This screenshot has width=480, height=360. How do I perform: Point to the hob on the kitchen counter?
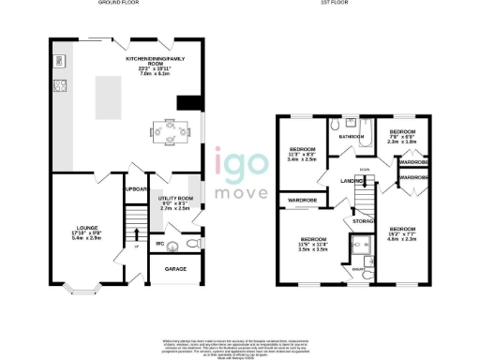pos(59,87)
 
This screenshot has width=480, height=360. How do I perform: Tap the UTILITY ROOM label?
pos(175,202)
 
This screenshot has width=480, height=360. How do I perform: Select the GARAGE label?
pos(175,270)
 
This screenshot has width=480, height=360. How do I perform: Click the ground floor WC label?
pos(160,244)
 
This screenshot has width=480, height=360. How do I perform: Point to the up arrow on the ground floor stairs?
pos(135,247)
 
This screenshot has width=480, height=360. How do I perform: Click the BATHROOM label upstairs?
pos(352,136)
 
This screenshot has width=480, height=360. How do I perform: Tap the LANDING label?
pos(352,180)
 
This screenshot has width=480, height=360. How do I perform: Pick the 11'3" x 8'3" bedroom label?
pos(303,155)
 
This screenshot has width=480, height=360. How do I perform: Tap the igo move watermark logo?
pos(240,176)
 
